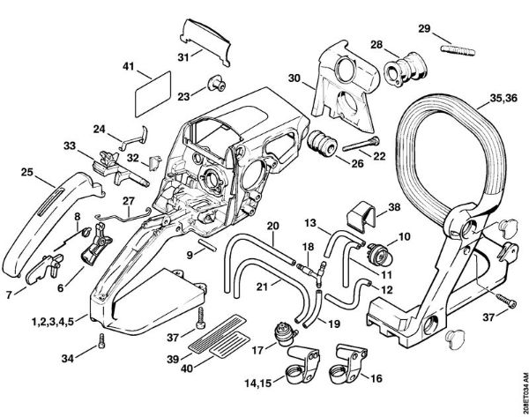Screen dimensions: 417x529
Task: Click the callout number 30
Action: point(295,79)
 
